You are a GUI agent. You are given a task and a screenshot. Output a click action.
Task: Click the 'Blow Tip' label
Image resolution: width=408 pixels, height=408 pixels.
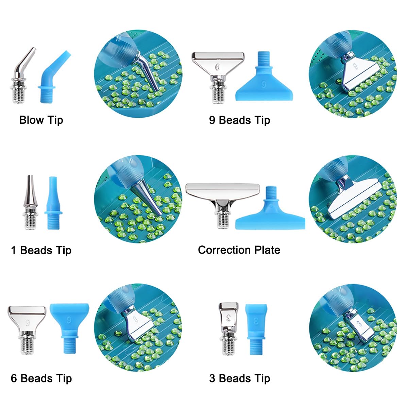[41, 120]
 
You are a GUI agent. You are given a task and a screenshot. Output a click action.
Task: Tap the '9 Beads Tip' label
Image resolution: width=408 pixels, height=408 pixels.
[239, 120]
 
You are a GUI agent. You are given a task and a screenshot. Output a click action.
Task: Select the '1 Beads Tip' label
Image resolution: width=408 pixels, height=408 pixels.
[41, 250]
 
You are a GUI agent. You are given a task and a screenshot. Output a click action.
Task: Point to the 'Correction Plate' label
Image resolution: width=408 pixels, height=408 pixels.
[239, 250]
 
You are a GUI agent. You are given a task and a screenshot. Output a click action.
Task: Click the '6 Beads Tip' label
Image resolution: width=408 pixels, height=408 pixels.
[41, 378]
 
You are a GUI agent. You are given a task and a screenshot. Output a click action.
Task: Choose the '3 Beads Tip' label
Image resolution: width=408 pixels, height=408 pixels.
[239, 378]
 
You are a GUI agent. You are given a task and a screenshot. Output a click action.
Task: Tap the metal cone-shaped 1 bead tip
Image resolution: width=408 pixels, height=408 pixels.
[31, 202]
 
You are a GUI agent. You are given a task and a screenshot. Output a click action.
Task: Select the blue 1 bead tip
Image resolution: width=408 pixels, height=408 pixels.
[53, 203]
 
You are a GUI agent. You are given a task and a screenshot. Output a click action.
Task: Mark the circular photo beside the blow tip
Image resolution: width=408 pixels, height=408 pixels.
[138, 74]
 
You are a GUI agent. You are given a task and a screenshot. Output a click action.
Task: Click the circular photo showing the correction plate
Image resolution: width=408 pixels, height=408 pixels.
[353, 199]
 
